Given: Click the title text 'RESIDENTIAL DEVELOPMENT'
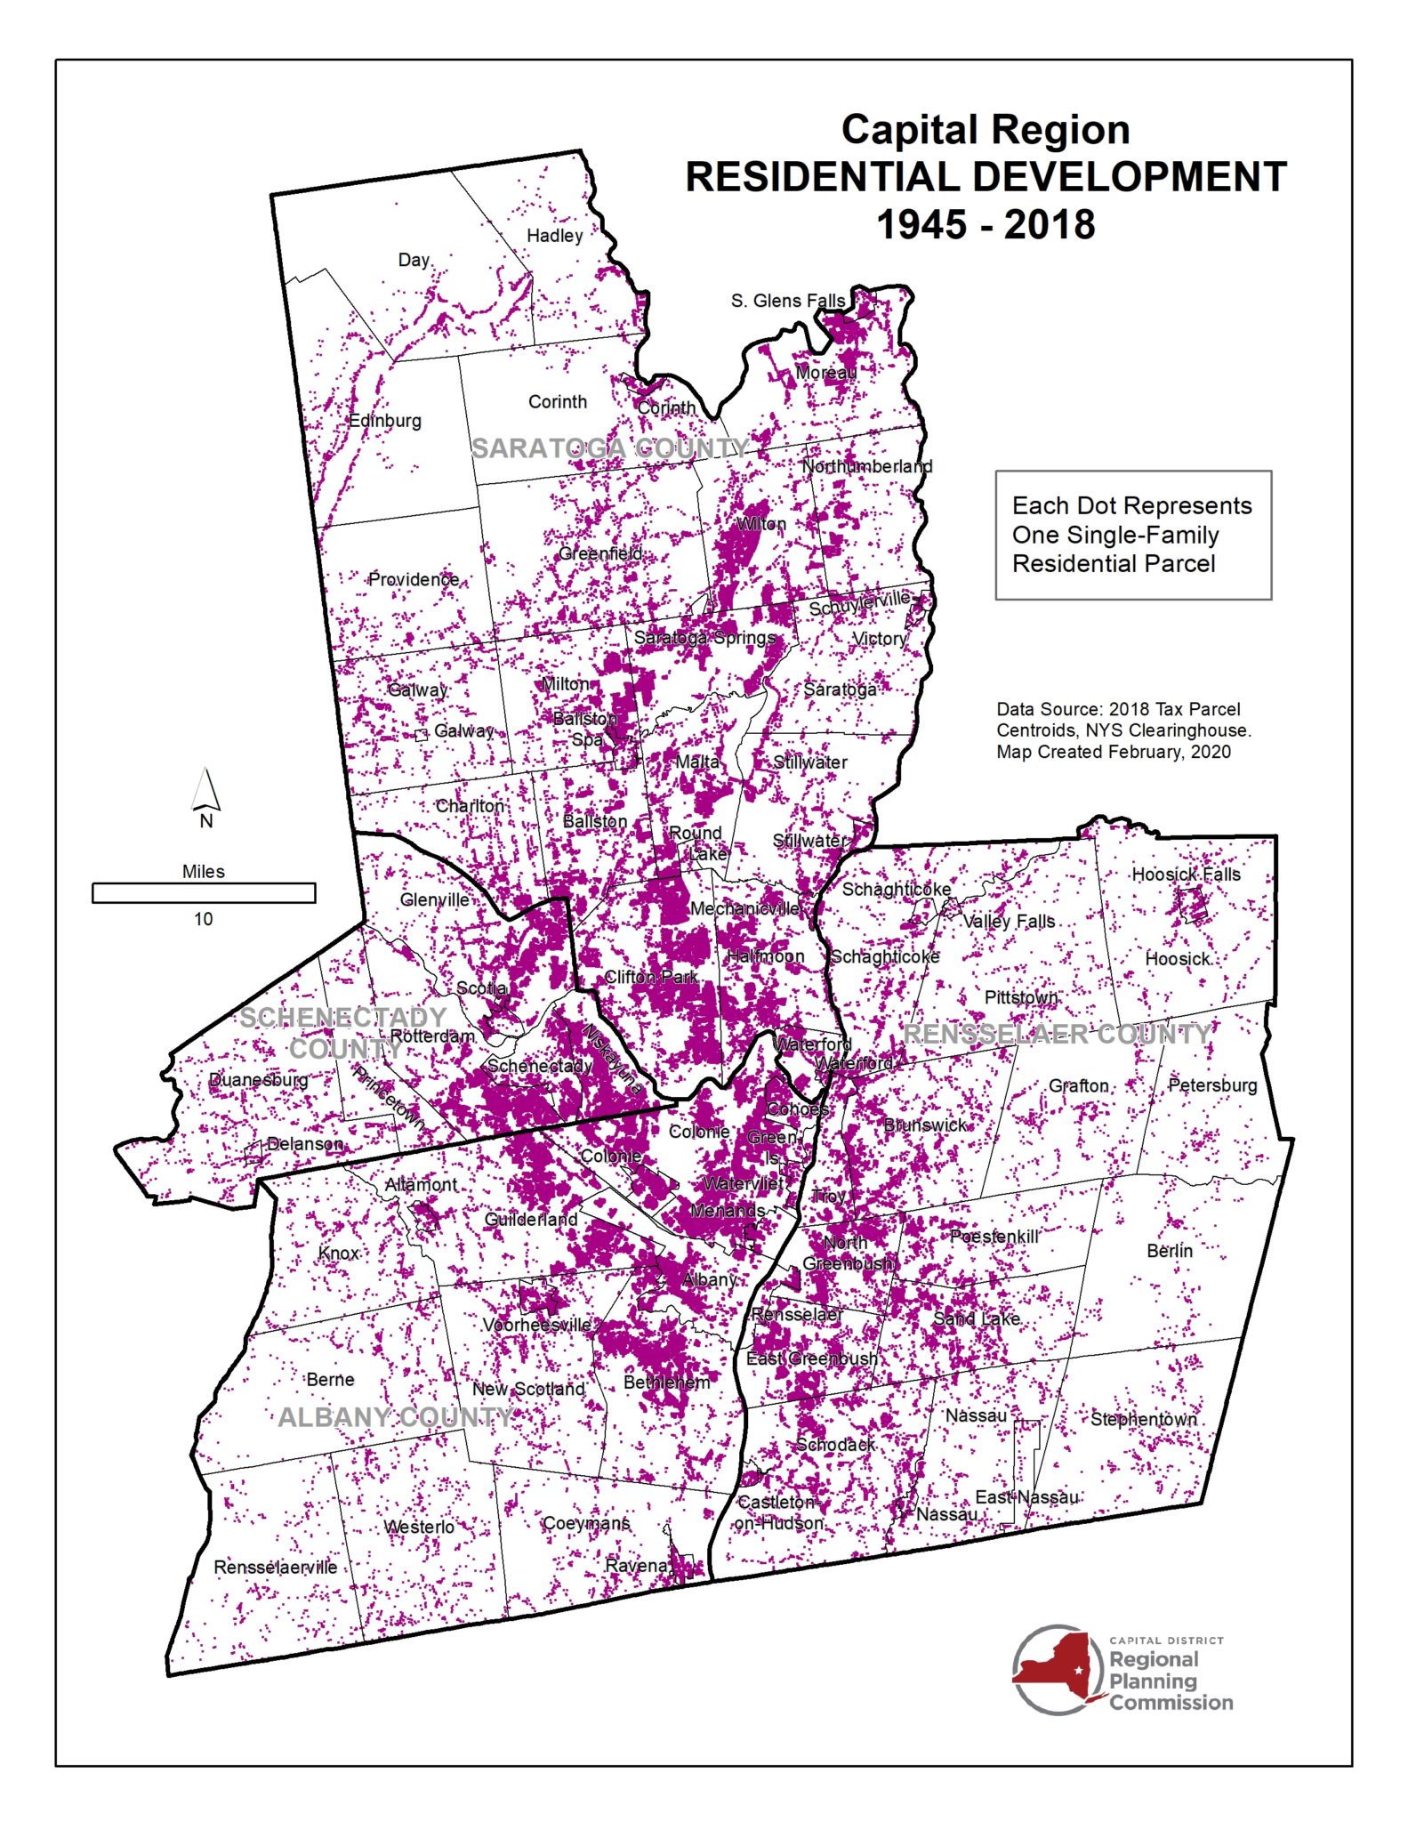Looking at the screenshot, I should (x=986, y=177).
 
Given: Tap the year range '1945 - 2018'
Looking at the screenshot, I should (x=986, y=225).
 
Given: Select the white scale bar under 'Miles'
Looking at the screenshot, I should (x=204, y=892).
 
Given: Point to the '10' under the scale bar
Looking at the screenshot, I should (x=204, y=919).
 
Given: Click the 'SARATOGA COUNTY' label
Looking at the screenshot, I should (x=610, y=448).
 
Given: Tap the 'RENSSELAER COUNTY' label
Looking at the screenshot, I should (x=1057, y=1034).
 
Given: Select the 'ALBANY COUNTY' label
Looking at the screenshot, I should (x=396, y=1417).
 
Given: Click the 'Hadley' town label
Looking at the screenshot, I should (x=554, y=236).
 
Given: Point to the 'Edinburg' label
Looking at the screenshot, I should (x=384, y=421).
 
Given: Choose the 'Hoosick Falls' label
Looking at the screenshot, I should (x=1186, y=875).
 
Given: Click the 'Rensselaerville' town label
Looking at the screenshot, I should (x=275, y=1568).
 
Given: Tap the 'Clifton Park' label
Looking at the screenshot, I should (x=651, y=977).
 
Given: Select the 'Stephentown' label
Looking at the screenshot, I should (x=1143, y=1419).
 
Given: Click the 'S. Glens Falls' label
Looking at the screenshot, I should (x=788, y=301).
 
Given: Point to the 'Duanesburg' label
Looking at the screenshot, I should (x=258, y=1080).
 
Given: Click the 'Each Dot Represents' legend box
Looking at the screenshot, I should (x=1132, y=535).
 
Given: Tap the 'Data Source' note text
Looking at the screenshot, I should (x=1122, y=730).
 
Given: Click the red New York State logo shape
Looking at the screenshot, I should (x=1054, y=1669).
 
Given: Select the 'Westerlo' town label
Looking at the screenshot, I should (x=419, y=1527).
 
